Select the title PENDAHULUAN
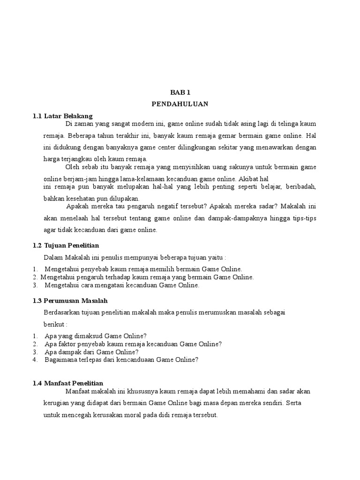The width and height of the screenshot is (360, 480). click(180, 104)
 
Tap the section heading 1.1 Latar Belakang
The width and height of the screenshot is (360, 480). click(63, 115)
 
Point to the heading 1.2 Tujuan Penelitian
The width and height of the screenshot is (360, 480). click(66, 245)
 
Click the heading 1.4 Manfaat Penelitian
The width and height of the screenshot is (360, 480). click(68, 383)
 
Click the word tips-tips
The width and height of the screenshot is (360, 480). click(304, 218)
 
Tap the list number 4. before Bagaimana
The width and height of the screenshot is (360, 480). click(35, 360)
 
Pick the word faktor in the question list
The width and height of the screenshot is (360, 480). click(67, 344)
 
